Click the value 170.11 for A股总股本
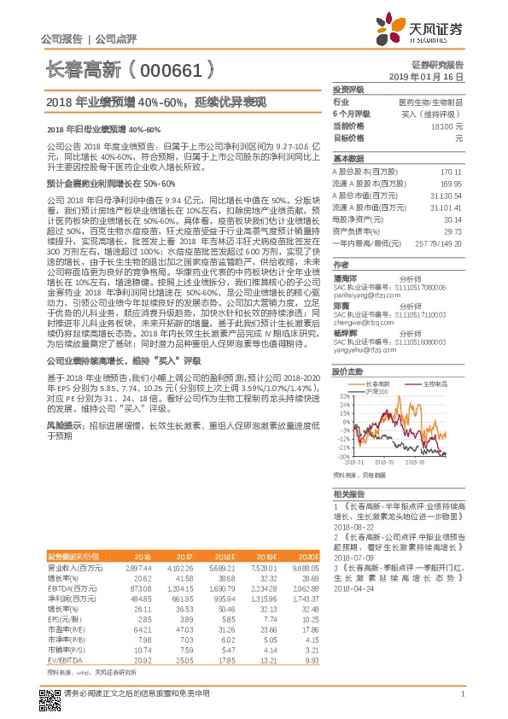[x=451, y=172]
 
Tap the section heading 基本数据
[x=347, y=160]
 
